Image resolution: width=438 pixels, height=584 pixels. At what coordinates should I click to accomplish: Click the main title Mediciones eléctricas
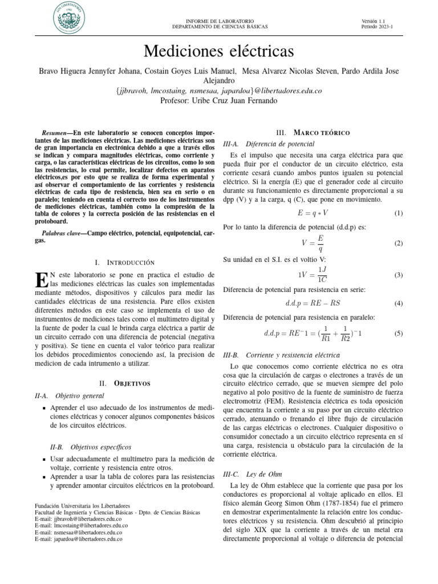[x=219, y=52]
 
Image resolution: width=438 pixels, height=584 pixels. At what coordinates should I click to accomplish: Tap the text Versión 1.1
[x=374, y=21]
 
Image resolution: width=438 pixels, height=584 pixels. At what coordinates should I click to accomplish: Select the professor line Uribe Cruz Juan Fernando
[x=219, y=100]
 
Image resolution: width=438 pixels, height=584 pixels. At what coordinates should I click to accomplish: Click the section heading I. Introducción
[x=124, y=262]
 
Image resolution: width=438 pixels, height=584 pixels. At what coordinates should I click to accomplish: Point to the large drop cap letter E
[x=40, y=280]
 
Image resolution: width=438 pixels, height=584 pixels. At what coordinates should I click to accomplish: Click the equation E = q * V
[x=313, y=213]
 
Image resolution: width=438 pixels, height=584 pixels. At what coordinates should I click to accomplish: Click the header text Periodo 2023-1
[x=377, y=26]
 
